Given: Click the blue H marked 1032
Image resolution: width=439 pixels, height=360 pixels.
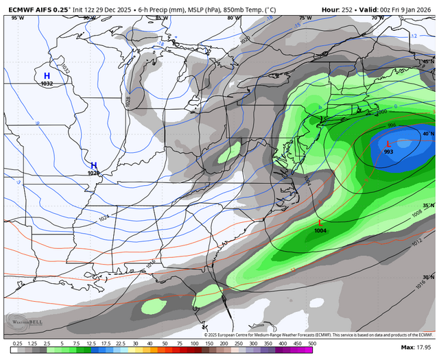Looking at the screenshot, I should point(47,76).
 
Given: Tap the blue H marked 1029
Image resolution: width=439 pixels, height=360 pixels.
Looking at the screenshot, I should point(94,165).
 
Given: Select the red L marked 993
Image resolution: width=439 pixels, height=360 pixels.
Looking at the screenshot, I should point(388,144).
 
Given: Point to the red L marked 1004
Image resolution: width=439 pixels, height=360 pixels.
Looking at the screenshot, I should point(320,222).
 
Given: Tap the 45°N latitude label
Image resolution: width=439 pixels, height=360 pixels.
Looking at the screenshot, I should point(429,62).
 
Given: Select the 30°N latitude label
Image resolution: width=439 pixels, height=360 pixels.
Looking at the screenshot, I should point(429,277).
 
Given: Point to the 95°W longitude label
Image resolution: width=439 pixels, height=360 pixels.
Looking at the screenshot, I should point(16,18).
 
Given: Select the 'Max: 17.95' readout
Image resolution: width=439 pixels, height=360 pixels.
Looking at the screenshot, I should point(418,350).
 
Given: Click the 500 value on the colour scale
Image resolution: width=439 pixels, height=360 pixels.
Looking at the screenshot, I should point(311,344).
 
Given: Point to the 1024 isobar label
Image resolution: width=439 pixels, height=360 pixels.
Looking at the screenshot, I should point(104,218).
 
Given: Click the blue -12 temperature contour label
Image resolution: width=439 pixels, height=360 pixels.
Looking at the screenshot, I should point(414,36).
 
